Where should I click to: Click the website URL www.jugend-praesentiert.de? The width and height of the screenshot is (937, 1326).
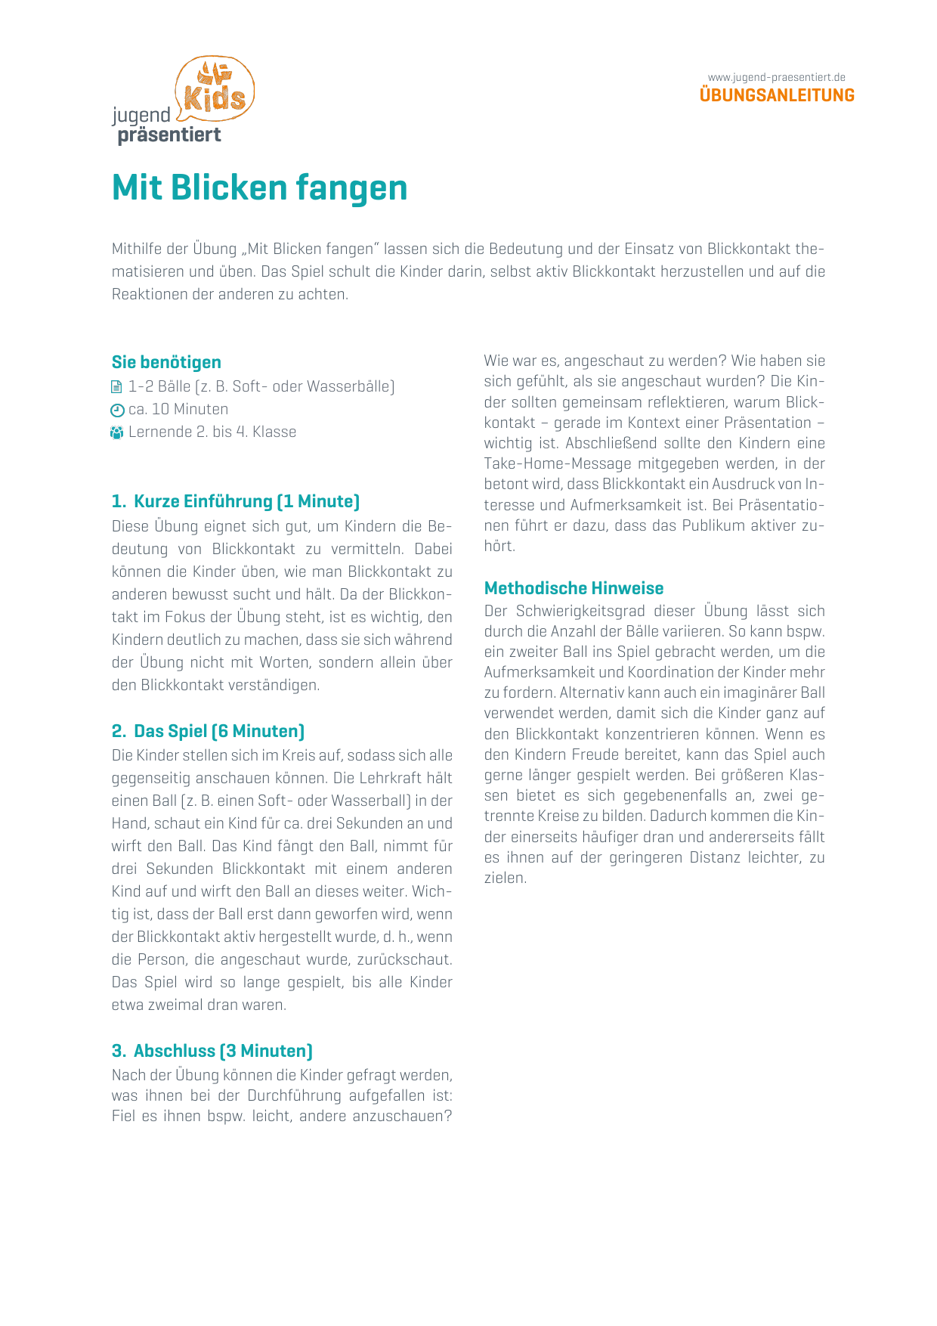pos(776,77)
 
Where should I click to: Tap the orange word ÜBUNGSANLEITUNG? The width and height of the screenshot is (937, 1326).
pos(777,95)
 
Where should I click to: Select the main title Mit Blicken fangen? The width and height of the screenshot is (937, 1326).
pos(259,188)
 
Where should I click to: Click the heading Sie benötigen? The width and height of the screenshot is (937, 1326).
pos(166,362)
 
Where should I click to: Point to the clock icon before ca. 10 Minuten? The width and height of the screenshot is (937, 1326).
pos(117,411)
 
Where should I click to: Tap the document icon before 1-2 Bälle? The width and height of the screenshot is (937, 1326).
pos(116,387)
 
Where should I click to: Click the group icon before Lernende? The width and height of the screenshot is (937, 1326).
pos(116,433)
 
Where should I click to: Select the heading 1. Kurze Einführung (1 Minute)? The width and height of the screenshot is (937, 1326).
pos(236,501)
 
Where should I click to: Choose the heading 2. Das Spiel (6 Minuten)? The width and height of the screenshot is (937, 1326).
pos(208,731)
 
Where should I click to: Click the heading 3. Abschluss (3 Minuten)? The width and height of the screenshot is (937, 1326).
pos(212,1051)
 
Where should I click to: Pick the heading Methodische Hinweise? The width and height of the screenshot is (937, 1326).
pos(574,588)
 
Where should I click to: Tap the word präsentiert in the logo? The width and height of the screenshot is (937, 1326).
pos(169,135)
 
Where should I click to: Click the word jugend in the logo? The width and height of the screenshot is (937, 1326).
pos(141,116)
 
